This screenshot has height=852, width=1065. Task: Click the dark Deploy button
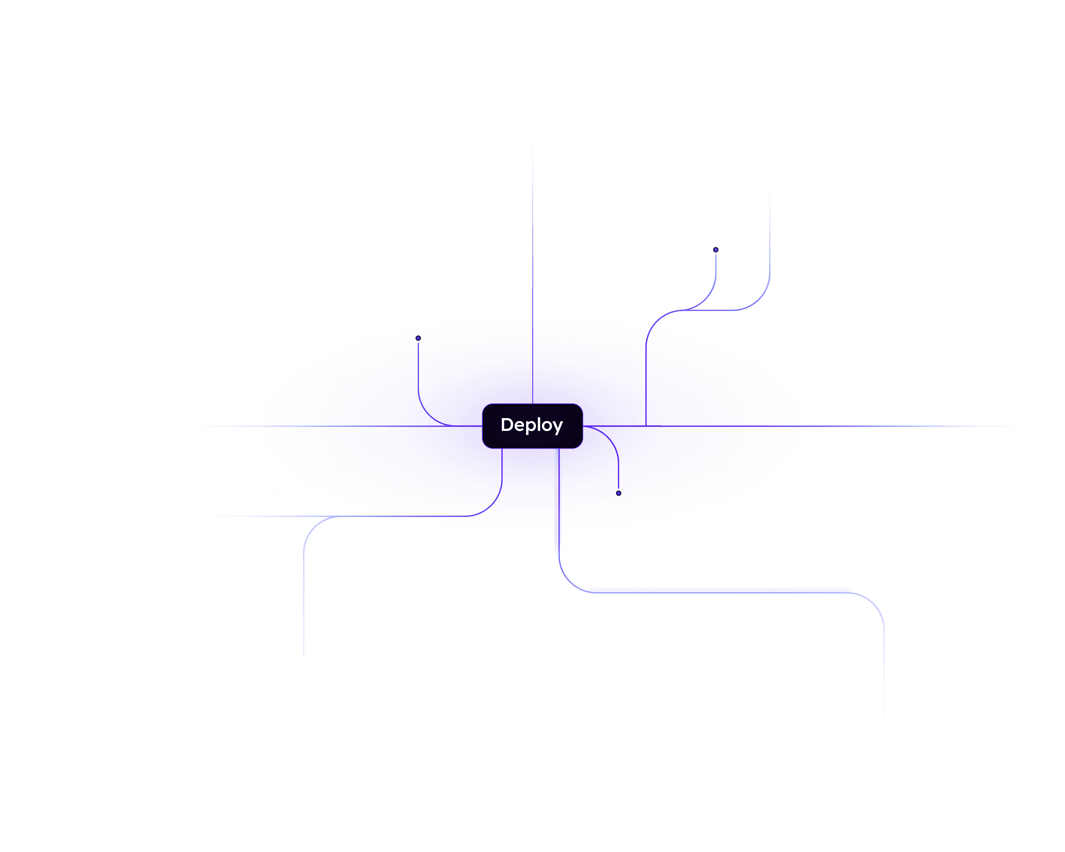tap(532, 426)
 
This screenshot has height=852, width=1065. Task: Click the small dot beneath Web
tap(418, 338)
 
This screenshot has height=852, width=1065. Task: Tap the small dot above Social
tap(619, 493)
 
